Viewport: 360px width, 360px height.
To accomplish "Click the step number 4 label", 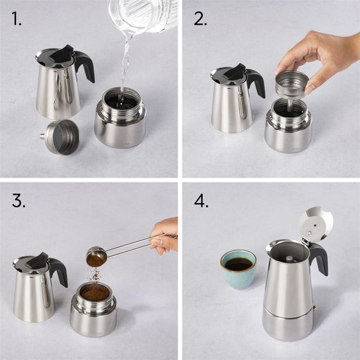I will pos(202,201).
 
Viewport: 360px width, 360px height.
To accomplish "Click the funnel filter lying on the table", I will pos(63,136).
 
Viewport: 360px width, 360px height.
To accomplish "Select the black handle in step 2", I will pos(256,81).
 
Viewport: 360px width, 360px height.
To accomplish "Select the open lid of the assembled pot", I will pos(316,223).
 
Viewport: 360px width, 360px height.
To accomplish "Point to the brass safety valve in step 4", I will pos(314,308).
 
